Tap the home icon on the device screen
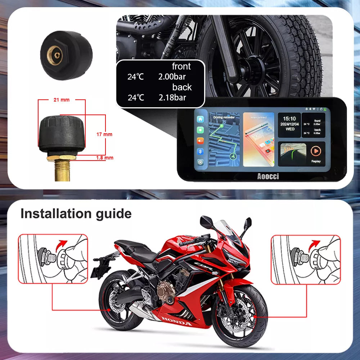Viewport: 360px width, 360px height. point(200,119)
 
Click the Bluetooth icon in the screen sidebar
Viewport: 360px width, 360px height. point(200,151)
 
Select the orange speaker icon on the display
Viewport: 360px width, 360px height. point(200,141)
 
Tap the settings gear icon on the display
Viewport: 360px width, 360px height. point(200,162)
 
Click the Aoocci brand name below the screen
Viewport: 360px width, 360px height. point(268,176)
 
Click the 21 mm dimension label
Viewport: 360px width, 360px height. point(61,100)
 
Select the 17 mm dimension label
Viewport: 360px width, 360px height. point(104,134)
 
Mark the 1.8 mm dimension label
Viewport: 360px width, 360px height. point(105,158)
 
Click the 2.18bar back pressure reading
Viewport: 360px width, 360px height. point(172,97)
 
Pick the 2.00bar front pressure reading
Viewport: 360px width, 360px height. point(172,76)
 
